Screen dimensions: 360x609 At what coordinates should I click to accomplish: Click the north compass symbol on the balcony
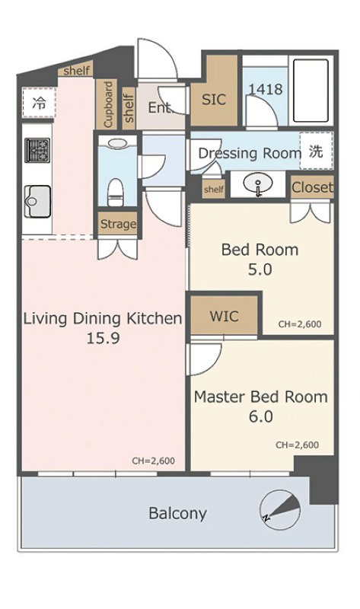click(x=280, y=509)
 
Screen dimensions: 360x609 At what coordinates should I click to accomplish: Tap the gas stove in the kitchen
click(x=37, y=150)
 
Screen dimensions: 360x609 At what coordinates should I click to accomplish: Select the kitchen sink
click(x=37, y=201)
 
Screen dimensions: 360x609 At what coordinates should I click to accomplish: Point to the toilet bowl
click(x=116, y=192)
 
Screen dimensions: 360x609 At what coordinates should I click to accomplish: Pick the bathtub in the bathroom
click(x=311, y=91)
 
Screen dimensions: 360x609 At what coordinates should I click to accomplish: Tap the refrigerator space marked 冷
click(x=39, y=103)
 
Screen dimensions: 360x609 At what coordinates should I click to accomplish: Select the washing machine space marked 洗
click(x=316, y=151)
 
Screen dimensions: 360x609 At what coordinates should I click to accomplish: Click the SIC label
click(x=214, y=100)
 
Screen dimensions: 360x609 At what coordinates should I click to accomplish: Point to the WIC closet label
click(x=224, y=316)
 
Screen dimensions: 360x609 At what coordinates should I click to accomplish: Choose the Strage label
click(x=118, y=224)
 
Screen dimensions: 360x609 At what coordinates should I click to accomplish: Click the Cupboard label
click(x=108, y=104)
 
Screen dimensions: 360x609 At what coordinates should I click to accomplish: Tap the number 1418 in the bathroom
click(x=266, y=89)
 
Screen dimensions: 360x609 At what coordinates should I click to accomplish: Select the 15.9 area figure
click(x=103, y=338)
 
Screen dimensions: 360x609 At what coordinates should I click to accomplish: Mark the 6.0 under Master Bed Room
click(x=260, y=416)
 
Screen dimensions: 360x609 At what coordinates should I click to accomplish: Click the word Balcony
click(x=178, y=513)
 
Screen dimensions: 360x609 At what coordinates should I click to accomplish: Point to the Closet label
click(x=313, y=187)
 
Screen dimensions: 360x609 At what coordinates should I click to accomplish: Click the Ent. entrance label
click(x=160, y=107)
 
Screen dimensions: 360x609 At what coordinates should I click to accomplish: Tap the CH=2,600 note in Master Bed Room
click(x=297, y=445)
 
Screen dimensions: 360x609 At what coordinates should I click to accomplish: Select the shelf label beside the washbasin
click(x=214, y=189)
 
